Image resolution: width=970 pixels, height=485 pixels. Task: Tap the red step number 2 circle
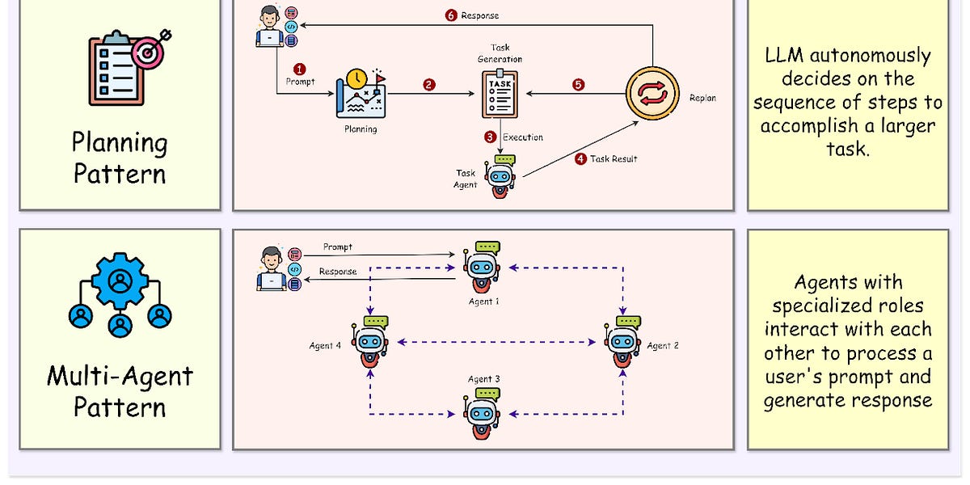[x=429, y=84]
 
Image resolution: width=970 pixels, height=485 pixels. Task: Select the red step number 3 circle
[x=490, y=137]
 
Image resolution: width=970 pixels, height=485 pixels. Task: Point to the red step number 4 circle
[x=580, y=159]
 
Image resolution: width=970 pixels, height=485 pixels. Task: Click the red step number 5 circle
[x=578, y=84]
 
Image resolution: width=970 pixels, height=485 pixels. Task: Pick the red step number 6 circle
[x=451, y=15]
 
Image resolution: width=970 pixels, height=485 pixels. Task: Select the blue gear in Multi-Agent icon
[x=120, y=279]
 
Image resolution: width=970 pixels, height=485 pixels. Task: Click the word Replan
[x=702, y=99]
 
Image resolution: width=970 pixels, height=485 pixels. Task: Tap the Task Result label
[x=614, y=159]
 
